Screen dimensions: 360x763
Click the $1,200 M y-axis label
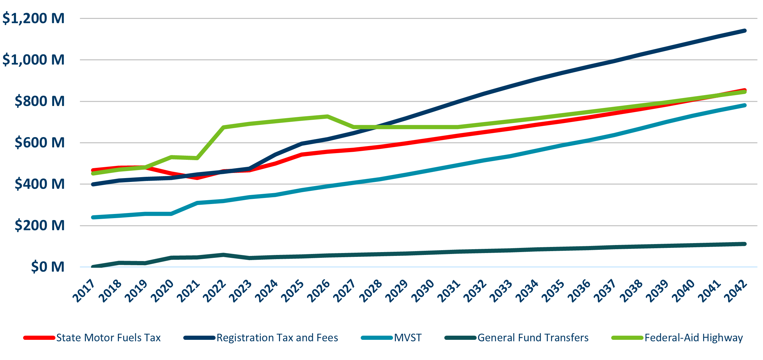(33, 18)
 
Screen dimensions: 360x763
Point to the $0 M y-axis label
(48, 267)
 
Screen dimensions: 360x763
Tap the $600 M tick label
(39, 143)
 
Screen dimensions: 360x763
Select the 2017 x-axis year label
(84, 290)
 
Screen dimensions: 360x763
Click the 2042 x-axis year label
(736, 290)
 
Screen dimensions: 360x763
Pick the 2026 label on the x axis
(319, 290)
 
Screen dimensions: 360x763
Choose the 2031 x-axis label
(449, 290)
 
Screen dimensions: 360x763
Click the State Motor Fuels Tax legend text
(108, 338)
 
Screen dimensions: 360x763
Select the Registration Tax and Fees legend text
(277, 338)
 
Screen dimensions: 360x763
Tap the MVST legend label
(408, 338)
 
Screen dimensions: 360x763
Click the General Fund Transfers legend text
(533, 338)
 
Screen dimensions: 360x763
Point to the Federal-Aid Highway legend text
(693, 338)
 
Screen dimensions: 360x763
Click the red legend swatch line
(39, 338)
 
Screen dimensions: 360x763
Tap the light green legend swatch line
(627, 338)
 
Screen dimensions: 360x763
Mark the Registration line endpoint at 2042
(745, 31)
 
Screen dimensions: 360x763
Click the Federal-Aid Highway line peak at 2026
(327, 116)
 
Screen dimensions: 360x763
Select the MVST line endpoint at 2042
(745, 105)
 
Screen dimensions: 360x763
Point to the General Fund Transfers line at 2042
(745, 244)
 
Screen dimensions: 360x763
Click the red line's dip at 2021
(197, 178)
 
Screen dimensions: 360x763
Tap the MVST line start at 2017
(93, 217)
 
